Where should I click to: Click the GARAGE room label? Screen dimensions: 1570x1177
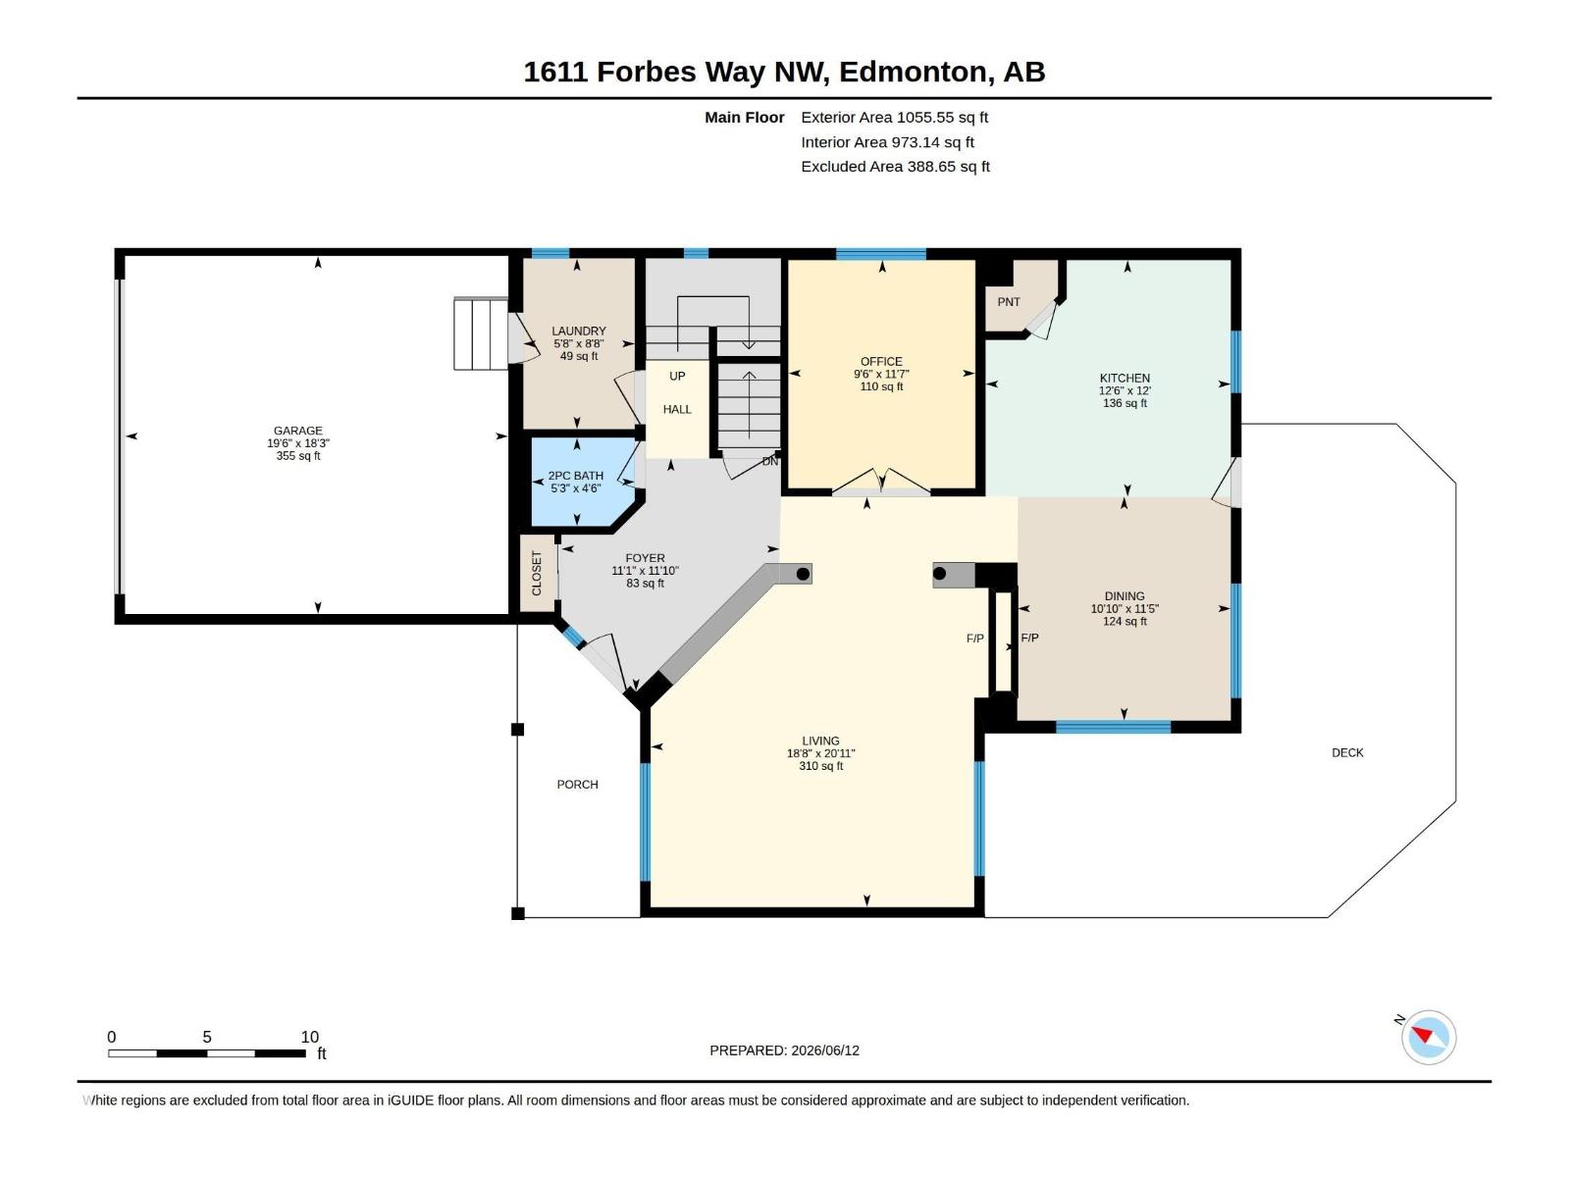297,431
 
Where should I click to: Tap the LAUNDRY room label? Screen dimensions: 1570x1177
579,331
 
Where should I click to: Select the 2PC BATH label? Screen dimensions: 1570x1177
576,476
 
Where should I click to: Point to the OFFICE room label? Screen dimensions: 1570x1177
881,362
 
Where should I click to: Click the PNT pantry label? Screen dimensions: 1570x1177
1009,302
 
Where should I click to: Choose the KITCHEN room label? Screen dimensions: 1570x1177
1125,378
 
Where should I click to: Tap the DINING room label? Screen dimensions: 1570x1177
1125,596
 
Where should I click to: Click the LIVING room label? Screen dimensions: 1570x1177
820,742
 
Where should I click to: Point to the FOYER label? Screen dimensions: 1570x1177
645,558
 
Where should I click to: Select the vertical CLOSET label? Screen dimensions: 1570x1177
537,573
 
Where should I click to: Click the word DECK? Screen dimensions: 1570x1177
1347,752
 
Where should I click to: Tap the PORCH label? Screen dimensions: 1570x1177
577,785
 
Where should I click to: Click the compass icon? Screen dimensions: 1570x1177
1429,1037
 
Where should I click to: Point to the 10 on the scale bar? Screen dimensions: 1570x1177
310,1037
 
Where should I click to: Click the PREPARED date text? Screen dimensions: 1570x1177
785,1050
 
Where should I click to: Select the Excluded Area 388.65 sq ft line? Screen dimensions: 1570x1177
896,167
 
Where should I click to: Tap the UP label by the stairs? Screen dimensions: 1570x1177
677,376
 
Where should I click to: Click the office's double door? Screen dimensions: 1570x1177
881,482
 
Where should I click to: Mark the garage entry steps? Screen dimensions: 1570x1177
481,333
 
